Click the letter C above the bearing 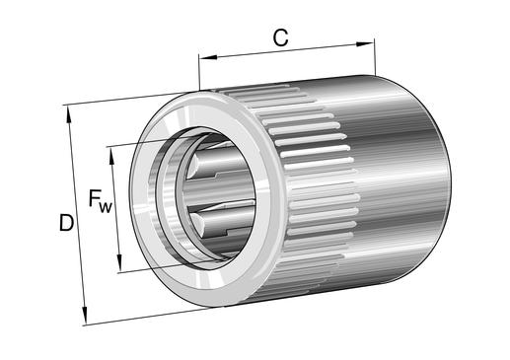pos(280,37)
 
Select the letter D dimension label pos(66,222)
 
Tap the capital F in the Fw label pos(94,198)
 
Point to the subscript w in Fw pos(106,207)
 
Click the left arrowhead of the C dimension pos(208,57)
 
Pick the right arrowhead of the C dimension pos(365,43)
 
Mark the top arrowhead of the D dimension pos(69,114)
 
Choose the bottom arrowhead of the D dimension pos(85,315)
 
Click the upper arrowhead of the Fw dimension pos(111,156)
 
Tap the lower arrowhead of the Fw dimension pos(119,262)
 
